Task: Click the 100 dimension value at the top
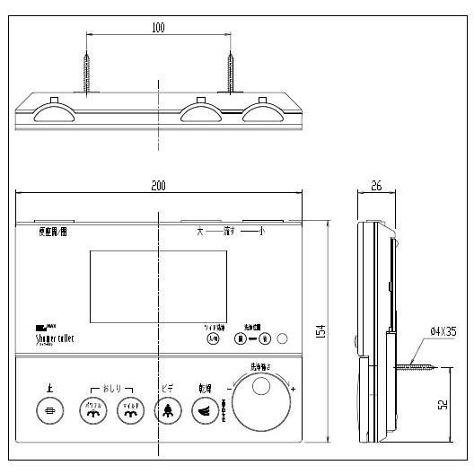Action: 158,28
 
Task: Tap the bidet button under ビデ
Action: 167,409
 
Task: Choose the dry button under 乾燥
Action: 206,409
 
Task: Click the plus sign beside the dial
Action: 293,388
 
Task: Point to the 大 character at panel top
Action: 201,232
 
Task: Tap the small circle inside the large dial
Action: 261,387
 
